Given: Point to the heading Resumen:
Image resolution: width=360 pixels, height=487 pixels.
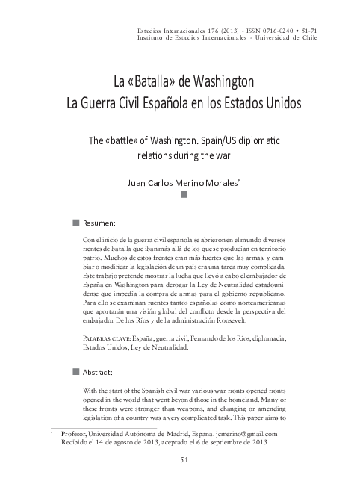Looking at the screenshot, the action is click(99, 223).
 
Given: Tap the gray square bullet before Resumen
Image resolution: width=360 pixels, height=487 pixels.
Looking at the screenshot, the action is click(75, 222).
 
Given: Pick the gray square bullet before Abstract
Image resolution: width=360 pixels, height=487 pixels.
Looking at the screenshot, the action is click(75, 370).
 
